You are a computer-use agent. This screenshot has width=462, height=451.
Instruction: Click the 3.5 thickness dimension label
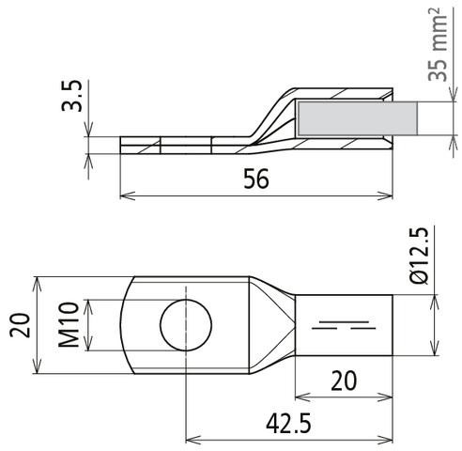click(x=72, y=96)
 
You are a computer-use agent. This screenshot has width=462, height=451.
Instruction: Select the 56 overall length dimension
click(x=256, y=179)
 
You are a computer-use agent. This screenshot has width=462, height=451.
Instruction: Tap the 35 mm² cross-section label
click(x=439, y=44)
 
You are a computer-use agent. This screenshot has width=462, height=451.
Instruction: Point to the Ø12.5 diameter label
click(x=419, y=256)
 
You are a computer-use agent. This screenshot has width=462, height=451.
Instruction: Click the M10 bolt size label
click(x=69, y=325)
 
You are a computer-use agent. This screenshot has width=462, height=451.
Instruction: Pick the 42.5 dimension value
click(x=288, y=424)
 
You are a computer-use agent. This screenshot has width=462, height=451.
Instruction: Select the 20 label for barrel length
click(x=344, y=381)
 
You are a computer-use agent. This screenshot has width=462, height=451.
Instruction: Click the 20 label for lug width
click(x=20, y=325)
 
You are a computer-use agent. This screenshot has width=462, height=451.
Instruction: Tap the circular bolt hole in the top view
click(x=186, y=325)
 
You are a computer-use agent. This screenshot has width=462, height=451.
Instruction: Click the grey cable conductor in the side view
click(x=358, y=118)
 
